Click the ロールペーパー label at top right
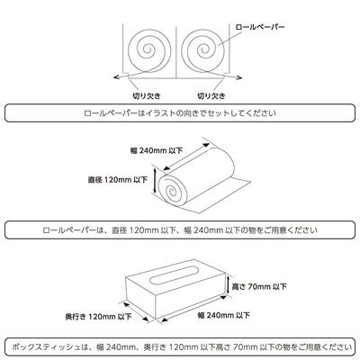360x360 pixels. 260,27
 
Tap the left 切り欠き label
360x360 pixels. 146,96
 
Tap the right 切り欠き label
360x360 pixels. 211,96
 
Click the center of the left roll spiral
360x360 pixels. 148,49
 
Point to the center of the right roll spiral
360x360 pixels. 204,49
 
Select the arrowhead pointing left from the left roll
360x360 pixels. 116,77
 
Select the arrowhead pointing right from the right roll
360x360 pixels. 238,78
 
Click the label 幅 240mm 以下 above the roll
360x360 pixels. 157,150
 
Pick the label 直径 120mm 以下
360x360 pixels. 118,180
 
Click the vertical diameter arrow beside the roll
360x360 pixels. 155,180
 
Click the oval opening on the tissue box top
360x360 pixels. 175,274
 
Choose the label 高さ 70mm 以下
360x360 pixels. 259,287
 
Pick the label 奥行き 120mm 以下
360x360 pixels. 98,316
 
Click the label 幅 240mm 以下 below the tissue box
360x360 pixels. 224,315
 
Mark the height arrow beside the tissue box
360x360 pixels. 229,283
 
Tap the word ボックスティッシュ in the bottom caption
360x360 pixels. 46,347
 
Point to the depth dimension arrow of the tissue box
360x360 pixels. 136,312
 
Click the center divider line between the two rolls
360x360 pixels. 176,51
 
